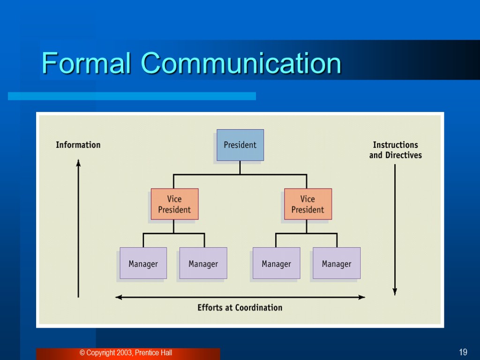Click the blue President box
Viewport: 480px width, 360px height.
tap(240, 145)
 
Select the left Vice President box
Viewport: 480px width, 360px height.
tap(174, 204)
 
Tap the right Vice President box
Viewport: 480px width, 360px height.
tap(308, 204)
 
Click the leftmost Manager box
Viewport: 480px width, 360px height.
tap(143, 263)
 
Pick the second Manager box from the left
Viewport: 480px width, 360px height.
tap(203, 263)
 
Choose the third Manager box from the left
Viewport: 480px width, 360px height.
tap(276, 263)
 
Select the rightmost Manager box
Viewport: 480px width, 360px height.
tap(337, 263)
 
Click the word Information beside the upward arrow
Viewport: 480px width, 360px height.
tap(78, 145)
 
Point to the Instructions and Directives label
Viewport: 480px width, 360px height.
tap(395, 150)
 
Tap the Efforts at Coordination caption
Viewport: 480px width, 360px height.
tap(240, 307)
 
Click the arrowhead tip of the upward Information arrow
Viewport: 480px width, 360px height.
tap(78, 162)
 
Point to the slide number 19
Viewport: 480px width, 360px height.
tap(463, 352)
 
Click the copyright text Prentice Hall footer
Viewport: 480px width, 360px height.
tap(126, 353)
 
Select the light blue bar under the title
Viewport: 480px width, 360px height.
tap(132, 96)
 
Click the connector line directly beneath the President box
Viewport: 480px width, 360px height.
tap(240, 168)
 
